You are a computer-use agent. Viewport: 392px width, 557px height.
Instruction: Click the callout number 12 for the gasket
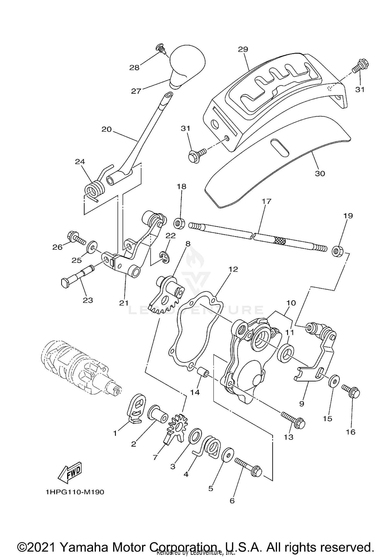(x=233, y=269)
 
